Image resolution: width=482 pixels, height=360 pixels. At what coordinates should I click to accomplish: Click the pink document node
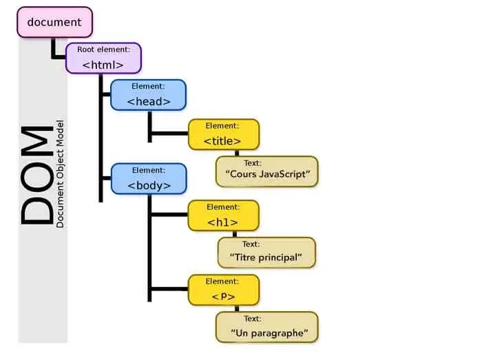tap(54, 22)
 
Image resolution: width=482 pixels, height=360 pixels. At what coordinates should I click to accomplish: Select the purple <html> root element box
tap(103, 58)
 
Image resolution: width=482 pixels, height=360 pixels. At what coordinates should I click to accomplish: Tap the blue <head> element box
tap(148, 95)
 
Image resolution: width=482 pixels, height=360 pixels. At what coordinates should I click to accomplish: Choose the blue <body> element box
tap(148, 178)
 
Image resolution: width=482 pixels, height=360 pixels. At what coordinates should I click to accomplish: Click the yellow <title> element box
tap(223, 134)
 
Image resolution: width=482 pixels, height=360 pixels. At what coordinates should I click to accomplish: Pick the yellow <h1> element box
tap(223, 215)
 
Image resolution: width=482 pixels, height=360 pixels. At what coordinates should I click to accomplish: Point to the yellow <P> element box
tap(223, 289)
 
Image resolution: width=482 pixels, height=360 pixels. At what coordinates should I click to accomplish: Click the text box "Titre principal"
tap(266, 252)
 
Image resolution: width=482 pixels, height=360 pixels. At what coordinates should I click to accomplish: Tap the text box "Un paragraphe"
tap(267, 328)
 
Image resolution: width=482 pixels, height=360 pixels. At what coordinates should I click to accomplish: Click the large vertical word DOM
tap(36, 176)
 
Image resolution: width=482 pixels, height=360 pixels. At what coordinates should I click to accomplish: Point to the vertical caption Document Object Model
tap(61, 176)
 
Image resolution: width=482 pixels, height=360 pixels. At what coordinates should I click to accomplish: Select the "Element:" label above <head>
tap(148, 87)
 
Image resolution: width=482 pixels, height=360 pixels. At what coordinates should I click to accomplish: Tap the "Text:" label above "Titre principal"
tap(251, 244)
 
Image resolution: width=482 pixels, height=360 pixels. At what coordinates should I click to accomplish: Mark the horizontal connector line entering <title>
tap(169, 134)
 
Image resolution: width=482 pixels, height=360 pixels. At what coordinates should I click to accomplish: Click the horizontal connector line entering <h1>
tap(169, 215)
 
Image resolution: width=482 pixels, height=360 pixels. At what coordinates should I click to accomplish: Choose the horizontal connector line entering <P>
tap(169, 289)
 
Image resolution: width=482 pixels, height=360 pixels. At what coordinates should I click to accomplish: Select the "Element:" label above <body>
tap(148, 170)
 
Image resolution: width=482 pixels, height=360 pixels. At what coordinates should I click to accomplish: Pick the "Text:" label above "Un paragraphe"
tap(253, 319)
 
